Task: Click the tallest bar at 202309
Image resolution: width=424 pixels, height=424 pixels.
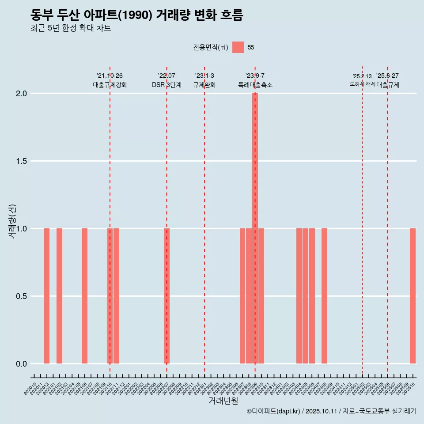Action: [x=255, y=228]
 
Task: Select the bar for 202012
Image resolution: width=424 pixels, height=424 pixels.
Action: [x=47, y=296]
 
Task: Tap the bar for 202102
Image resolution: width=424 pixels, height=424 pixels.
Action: [x=59, y=296]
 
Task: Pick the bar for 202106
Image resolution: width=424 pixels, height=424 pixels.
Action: [x=84, y=296]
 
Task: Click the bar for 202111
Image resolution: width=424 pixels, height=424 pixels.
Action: [x=116, y=296]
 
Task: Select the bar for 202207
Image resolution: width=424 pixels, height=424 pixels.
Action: [x=167, y=296]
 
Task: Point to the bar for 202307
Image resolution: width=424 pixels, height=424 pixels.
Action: [x=242, y=296]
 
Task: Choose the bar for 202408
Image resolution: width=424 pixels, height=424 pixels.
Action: [x=324, y=296]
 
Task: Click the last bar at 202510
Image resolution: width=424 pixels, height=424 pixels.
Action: [x=413, y=296]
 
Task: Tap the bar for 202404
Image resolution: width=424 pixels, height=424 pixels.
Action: [x=299, y=296]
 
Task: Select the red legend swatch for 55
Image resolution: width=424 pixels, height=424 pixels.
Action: [x=238, y=47]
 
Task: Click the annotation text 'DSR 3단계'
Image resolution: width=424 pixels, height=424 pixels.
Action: [x=167, y=85]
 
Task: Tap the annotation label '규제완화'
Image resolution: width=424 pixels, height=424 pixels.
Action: [x=204, y=85]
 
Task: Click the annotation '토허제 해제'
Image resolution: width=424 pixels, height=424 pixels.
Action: [x=362, y=84]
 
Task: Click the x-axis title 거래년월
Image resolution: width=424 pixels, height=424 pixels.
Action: [x=223, y=401]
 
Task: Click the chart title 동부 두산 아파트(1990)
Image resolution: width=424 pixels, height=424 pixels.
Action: [x=137, y=15]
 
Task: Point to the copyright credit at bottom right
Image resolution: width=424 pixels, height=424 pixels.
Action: [x=331, y=411]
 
